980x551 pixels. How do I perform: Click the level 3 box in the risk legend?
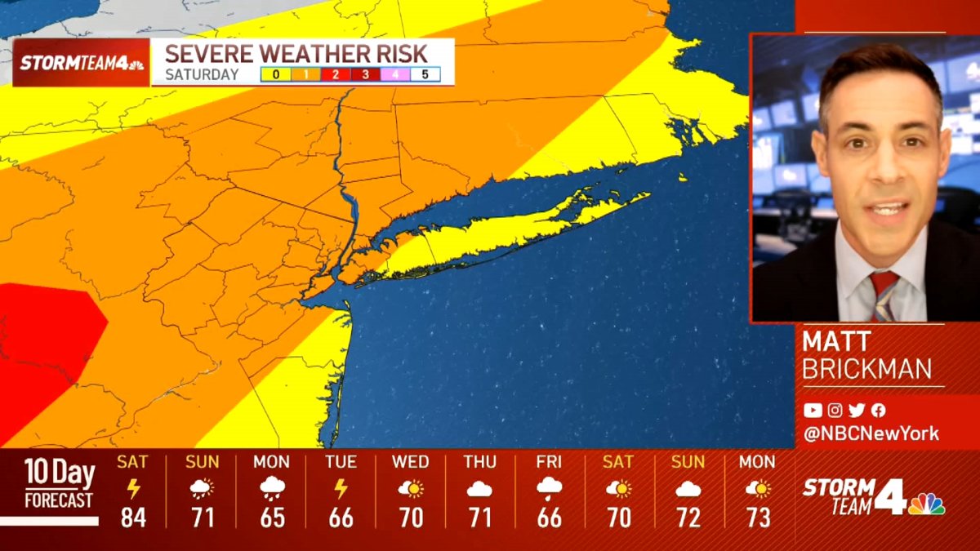(366, 74)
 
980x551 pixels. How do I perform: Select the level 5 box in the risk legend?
(425, 74)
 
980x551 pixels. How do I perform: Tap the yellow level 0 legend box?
(276, 74)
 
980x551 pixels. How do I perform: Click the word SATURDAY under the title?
(202, 74)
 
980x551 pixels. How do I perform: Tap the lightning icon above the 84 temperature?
(133, 489)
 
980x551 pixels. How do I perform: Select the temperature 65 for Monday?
(272, 518)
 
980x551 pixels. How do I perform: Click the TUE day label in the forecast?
(341, 462)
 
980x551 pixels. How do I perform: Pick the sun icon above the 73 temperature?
(758, 489)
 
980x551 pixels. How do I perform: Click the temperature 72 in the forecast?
(688, 518)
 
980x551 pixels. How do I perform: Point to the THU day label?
(480, 462)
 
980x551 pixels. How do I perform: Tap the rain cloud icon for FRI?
(550, 489)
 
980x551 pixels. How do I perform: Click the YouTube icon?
(812, 411)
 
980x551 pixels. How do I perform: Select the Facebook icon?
(879, 411)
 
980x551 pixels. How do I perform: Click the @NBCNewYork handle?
(871, 433)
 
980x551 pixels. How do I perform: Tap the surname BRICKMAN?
(866, 369)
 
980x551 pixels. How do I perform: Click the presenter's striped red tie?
(884, 296)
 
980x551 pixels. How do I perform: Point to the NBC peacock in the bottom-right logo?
(926, 503)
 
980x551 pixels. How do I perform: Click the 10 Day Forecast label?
(58, 484)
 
